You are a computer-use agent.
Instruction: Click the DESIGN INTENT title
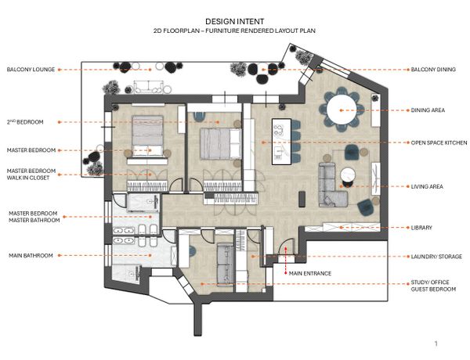click(235, 22)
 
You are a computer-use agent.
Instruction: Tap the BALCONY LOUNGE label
click(31, 70)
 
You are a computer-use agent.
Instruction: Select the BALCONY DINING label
click(433, 70)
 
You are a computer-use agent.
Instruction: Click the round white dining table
click(342, 110)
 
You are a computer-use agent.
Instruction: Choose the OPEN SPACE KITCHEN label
click(439, 143)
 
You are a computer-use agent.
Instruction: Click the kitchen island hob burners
click(279, 129)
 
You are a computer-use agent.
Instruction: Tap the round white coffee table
click(348, 175)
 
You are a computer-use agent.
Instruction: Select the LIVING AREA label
click(427, 186)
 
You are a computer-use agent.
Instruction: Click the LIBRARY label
click(421, 228)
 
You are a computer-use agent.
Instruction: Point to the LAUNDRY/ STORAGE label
click(436, 257)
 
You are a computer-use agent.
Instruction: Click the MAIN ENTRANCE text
click(310, 273)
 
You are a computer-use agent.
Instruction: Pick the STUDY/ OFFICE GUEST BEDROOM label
click(433, 286)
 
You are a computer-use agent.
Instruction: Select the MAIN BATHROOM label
click(31, 255)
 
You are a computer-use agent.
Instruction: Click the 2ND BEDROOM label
click(25, 122)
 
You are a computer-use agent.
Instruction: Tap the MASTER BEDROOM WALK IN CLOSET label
click(31, 175)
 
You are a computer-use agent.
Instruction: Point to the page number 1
click(436, 344)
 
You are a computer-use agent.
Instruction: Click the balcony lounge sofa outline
click(149, 86)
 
